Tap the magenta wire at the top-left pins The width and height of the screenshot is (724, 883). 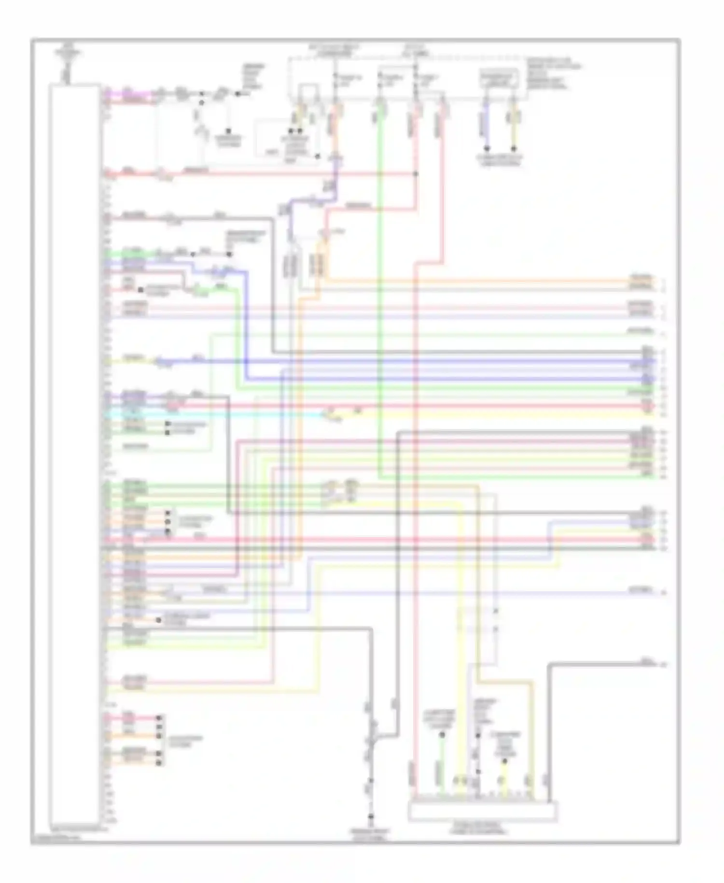tap(128, 92)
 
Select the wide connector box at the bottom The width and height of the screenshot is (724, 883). tap(483, 811)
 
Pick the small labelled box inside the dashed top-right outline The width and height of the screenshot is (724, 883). tap(499, 79)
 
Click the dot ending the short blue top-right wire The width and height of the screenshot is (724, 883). tap(487, 148)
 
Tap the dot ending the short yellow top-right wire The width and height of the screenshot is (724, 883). tap(514, 148)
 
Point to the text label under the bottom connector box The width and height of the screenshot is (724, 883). tap(478, 828)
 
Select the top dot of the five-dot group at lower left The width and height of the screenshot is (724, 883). tap(159, 718)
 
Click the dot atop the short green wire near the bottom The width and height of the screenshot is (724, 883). tap(441, 735)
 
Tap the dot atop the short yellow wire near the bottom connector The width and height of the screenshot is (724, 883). tap(504, 761)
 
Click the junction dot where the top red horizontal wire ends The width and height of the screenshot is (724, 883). tap(416, 173)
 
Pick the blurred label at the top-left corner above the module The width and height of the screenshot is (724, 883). tap(67, 51)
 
